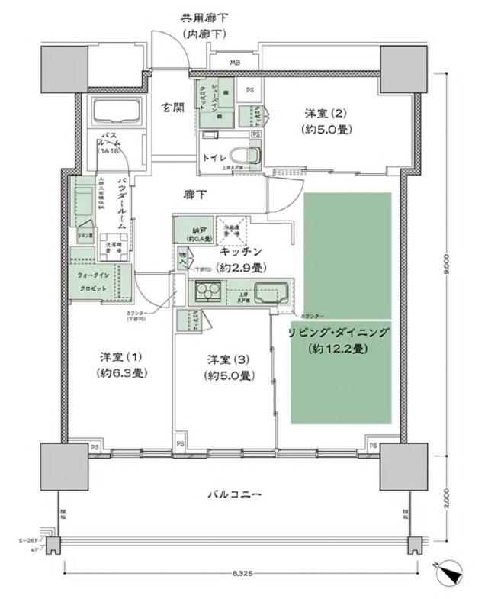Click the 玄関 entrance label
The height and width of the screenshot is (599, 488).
pyautogui.click(x=172, y=108)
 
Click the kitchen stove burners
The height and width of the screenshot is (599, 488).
pyautogui.click(x=207, y=292)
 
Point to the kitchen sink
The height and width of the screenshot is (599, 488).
pyautogui.click(x=270, y=292)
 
